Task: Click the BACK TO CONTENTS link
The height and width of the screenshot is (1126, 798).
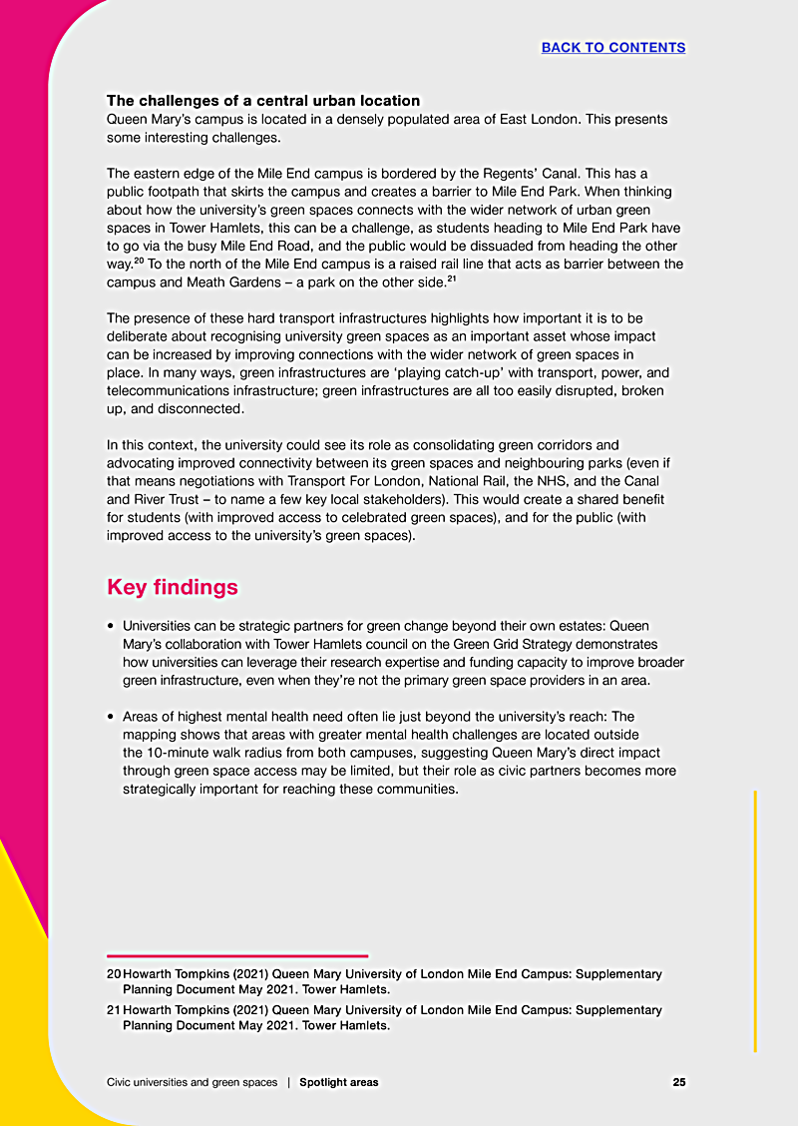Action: click(x=612, y=48)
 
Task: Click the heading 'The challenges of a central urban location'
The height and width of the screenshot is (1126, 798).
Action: click(x=263, y=101)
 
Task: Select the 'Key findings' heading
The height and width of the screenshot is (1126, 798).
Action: click(x=173, y=587)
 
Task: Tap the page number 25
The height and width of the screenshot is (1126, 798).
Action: click(x=678, y=1082)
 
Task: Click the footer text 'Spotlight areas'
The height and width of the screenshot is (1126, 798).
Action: click(x=339, y=1082)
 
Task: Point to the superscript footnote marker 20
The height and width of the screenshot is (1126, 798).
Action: click(x=140, y=261)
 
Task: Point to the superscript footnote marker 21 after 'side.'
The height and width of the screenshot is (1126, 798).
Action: click(x=452, y=279)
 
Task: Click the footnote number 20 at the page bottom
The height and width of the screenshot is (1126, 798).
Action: click(x=114, y=973)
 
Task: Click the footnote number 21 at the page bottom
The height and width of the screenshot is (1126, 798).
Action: click(x=114, y=1010)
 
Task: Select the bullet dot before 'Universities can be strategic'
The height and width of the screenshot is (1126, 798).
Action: click(x=111, y=627)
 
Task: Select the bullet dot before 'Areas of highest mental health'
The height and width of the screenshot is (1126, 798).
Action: click(x=111, y=717)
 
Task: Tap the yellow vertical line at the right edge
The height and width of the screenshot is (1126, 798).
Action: click(x=755, y=918)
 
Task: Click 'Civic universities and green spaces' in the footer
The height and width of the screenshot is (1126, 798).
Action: click(x=193, y=1082)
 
